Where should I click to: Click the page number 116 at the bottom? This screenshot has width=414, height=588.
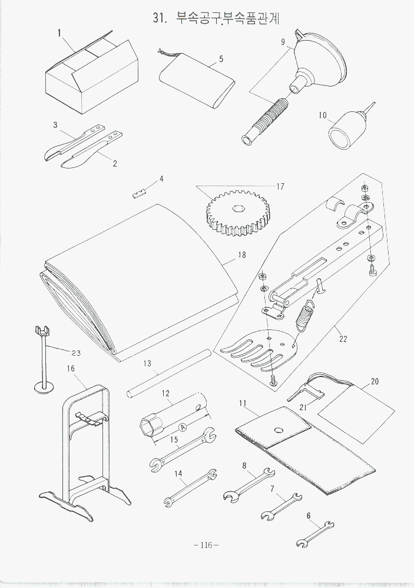(x=206, y=545)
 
